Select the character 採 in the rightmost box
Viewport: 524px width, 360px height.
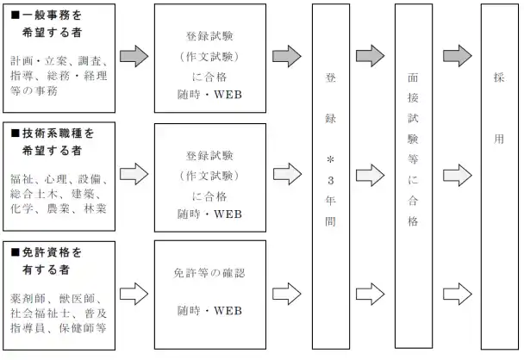pos(498,77)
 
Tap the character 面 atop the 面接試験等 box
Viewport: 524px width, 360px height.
pos(413,77)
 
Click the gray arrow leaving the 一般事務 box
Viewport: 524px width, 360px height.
pos(134,56)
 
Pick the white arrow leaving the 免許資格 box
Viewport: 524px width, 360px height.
pos(134,294)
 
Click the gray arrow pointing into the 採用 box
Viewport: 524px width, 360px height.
pos(457,56)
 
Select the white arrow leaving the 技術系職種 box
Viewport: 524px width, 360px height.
pos(134,175)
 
